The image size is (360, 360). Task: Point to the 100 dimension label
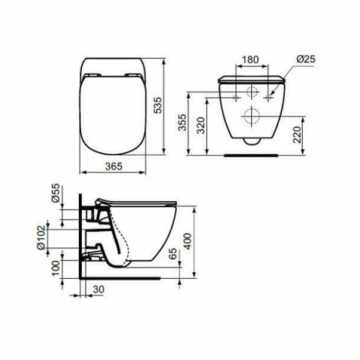56,266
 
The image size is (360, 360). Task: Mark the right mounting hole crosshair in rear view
270,96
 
